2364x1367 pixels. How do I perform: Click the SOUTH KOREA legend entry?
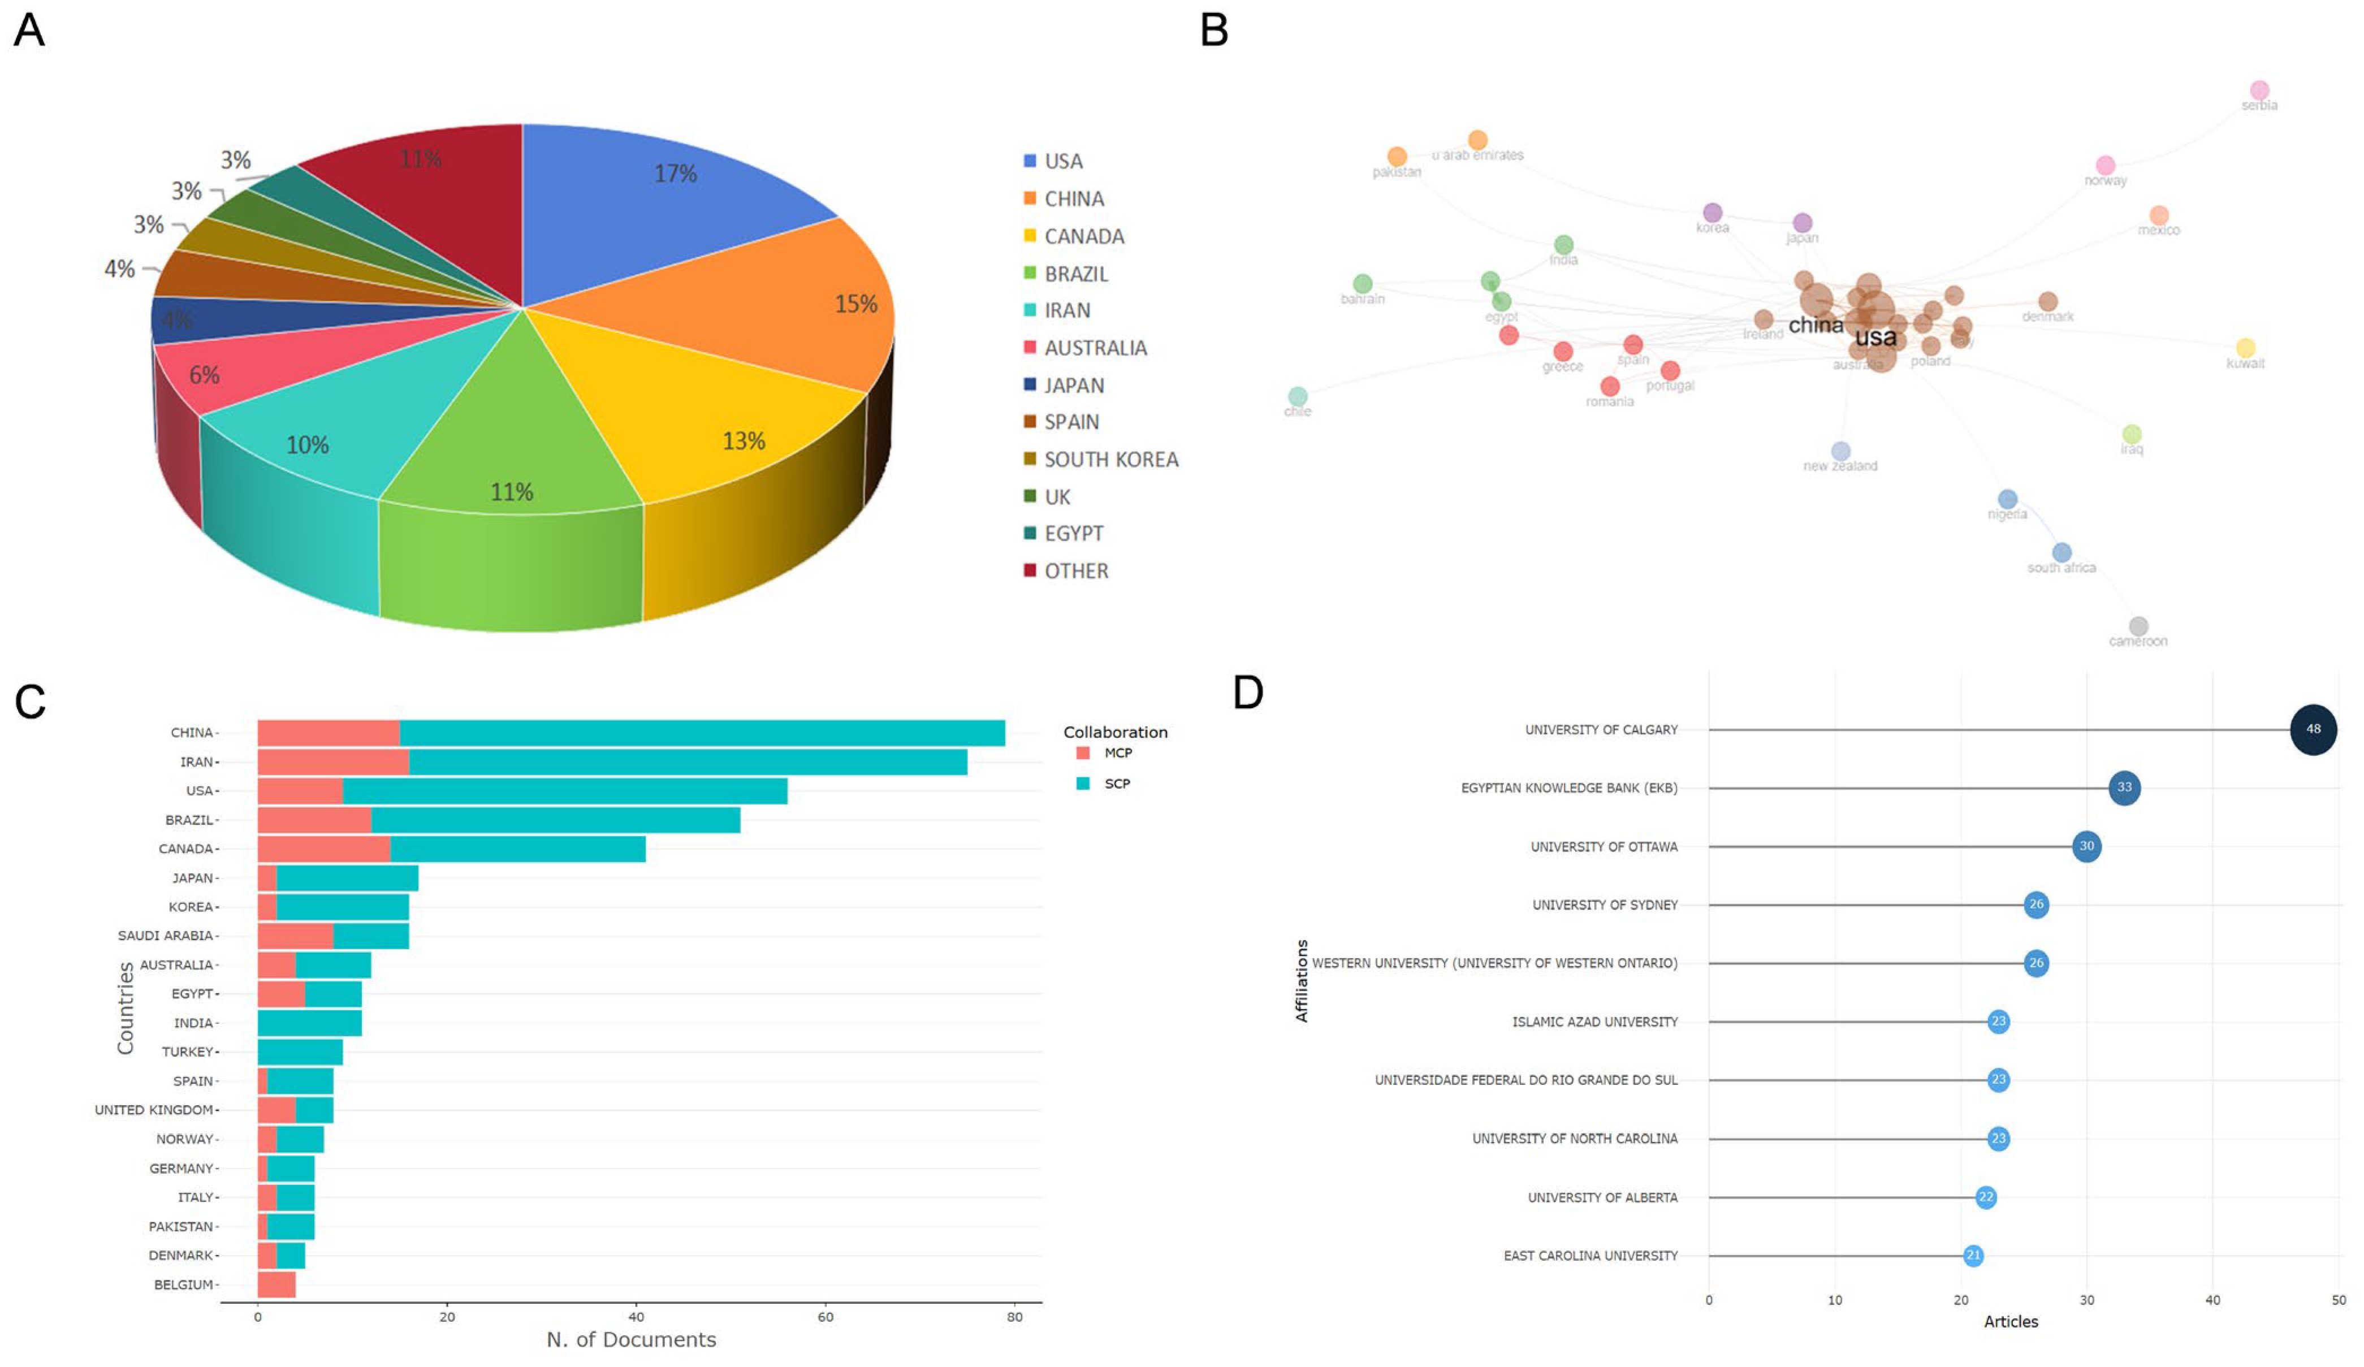coord(1110,460)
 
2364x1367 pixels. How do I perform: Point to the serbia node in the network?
coord(2259,91)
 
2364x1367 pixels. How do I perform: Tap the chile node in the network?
coord(1298,397)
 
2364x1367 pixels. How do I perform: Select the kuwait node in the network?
coord(2245,348)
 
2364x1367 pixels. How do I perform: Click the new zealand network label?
coord(1840,466)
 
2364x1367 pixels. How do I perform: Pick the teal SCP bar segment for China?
coord(702,733)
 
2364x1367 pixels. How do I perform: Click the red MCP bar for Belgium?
coord(276,1284)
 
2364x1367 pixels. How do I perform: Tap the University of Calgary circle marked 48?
coord(2313,729)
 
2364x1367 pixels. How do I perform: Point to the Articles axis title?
coord(2011,1321)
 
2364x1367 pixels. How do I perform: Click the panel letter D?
coord(1248,693)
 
